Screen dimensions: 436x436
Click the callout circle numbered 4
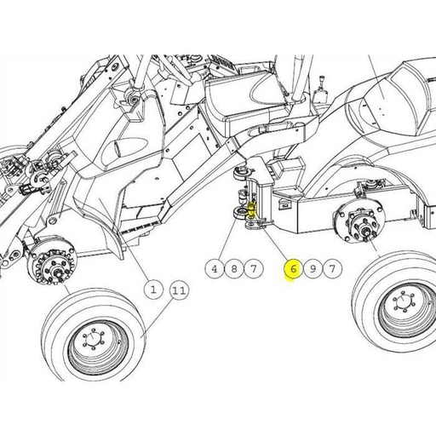coord(215,269)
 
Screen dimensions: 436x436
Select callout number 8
coord(234,269)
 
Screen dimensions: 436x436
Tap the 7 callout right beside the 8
coord(253,269)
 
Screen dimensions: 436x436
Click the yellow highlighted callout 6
coord(292,269)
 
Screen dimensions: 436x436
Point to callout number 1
coord(154,290)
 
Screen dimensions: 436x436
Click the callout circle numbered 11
coord(178,290)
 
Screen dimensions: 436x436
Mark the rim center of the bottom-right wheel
coord(400,307)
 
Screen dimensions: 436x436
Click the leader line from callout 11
coord(158,313)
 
